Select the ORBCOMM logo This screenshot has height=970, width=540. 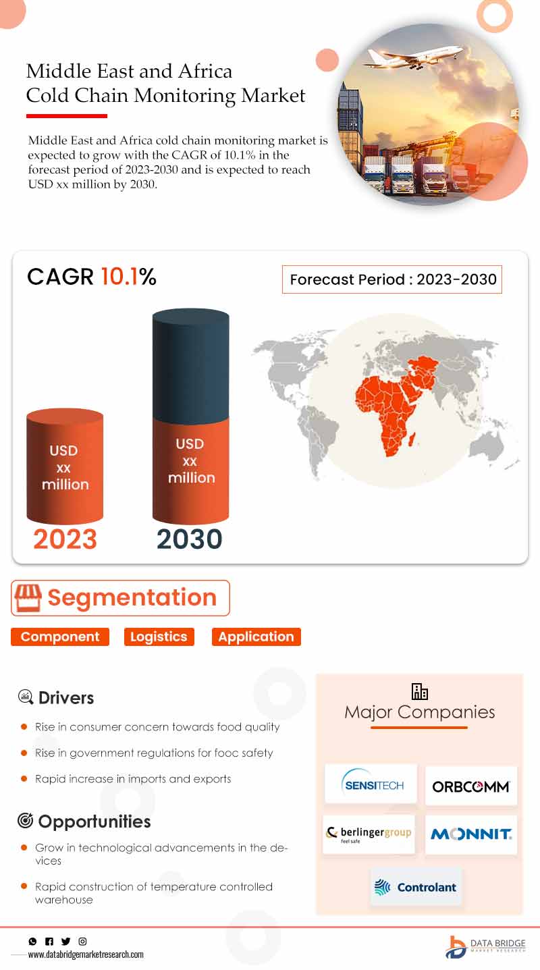tap(471, 786)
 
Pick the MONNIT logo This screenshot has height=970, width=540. tap(471, 834)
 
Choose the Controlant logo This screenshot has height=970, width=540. tap(416, 887)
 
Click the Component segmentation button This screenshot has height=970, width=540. tap(60, 637)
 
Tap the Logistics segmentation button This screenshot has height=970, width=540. tap(159, 637)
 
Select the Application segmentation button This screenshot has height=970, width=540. tap(256, 637)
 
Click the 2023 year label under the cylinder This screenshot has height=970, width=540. tap(65, 539)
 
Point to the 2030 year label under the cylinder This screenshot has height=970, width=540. tap(190, 539)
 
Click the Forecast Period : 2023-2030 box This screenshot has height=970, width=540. tap(392, 279)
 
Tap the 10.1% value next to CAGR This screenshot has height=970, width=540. tap(129, 276)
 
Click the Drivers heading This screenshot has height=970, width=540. tap(66, 697)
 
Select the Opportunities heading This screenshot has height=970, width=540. tap(94, 821)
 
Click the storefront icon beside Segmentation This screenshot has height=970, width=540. tap(28, 598)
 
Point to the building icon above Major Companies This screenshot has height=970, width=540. tap(420, 692)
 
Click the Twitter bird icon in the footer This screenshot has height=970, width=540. tap(66, 941)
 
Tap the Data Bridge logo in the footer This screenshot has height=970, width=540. tap(485, 947)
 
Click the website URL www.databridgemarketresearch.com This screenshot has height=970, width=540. tap(86, 954)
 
